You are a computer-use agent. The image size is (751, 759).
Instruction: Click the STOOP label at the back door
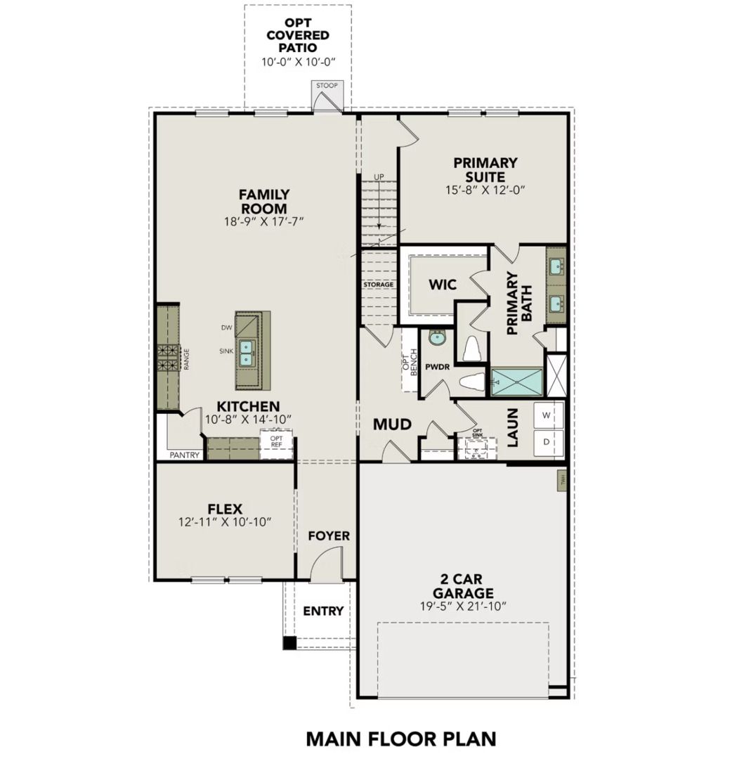coord(327,86)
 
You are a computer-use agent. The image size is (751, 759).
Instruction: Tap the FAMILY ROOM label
coord(263,201)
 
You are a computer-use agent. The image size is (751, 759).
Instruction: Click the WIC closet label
coord(443,285)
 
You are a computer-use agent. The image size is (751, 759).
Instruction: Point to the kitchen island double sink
coord(246,352)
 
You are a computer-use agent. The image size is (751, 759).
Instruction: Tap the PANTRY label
coord(185,455)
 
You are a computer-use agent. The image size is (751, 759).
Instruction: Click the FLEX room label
coord(225,508)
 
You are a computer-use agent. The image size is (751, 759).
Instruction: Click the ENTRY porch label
coord(323,611)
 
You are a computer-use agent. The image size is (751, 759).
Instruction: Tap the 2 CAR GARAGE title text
coord(462,585)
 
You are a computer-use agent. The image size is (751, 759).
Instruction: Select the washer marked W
coord(548,415)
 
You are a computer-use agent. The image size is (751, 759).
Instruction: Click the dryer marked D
coord(548,443)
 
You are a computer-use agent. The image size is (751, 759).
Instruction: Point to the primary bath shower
coord(517,382)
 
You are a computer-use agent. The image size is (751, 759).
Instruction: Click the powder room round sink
coord(438,339)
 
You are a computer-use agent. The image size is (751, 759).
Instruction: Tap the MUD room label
coord(391,424)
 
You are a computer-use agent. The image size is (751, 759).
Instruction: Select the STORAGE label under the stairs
coord(379,285)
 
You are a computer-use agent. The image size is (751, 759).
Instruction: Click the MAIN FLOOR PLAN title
coord(400,739)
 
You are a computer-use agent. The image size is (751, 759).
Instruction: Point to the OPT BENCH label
coord(410,362)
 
